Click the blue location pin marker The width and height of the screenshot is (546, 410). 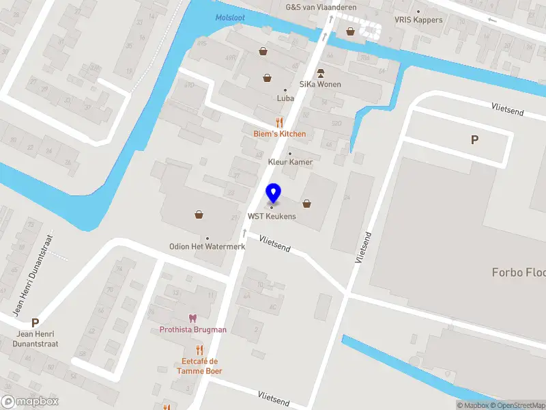[272, 193]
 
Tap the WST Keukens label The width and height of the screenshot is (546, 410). [272, 217]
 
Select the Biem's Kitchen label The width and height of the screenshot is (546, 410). [279, 134]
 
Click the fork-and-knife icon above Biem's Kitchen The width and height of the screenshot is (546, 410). [279, 122]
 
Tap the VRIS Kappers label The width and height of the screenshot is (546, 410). [418, 20]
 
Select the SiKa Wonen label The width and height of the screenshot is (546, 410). [319, 84]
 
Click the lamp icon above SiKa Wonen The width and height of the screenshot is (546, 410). [319, 72]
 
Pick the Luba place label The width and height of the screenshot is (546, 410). [285, 98]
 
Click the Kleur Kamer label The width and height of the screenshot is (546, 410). [290, 162]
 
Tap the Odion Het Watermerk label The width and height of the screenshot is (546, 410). [207, 247]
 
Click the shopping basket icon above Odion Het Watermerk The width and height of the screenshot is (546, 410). [199, 214]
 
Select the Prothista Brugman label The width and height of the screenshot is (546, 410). [192, 329]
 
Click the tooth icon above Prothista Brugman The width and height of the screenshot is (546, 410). [192, 318]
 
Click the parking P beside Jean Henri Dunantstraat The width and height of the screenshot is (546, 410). [35, 323]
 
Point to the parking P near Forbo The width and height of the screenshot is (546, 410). [474, 139]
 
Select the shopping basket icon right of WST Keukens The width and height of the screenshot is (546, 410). [307, 202]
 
